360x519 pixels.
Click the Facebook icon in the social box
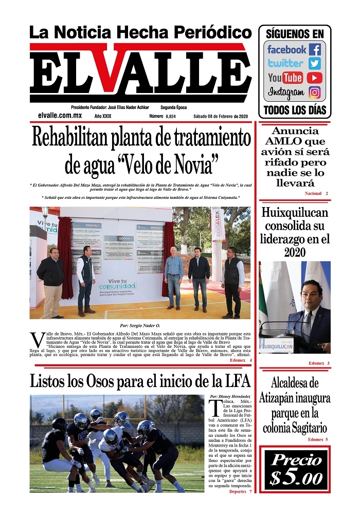[315, 50]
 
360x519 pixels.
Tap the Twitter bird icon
[315, 64]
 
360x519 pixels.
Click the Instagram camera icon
[315, 93]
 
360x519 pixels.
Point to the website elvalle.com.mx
[60, 116]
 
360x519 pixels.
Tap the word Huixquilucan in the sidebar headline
[294, 213]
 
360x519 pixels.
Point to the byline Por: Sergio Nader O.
[140, 325]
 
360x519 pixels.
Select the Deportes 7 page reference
[240, 492]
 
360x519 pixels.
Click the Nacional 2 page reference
[316, 193]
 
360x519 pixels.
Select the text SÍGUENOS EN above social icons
[294, 34]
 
